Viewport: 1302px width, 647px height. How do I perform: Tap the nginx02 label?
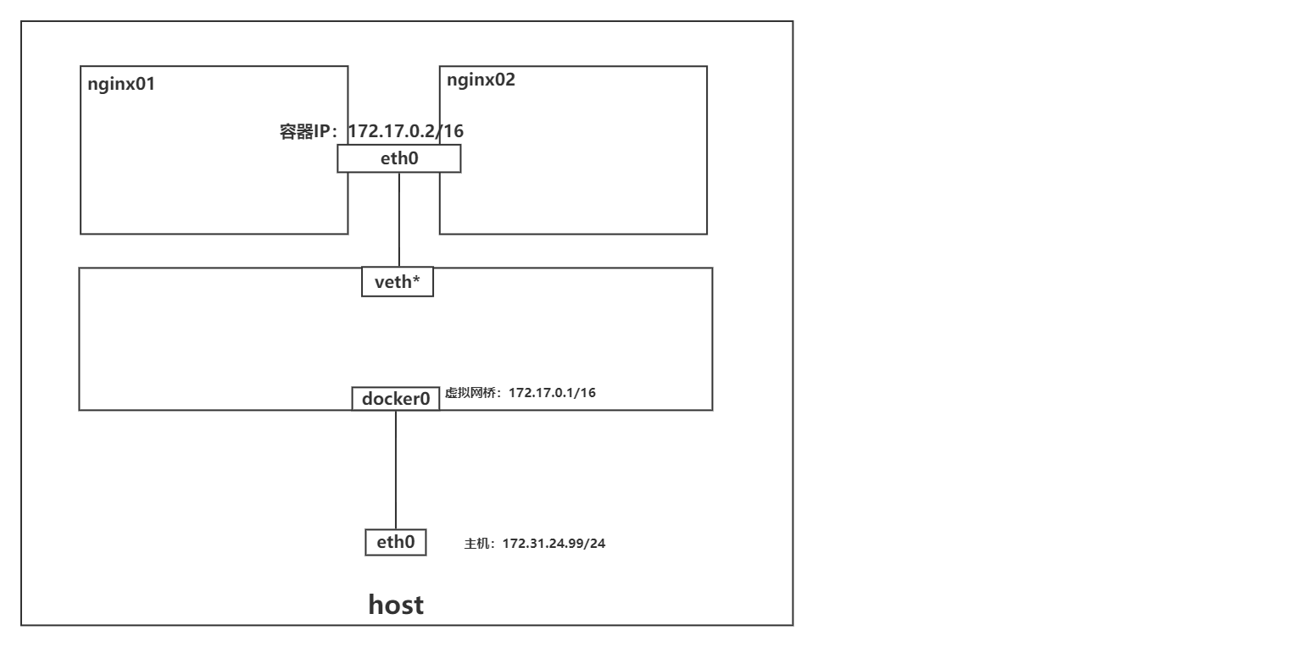(x=481, y=80)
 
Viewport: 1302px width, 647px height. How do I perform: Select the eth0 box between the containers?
(x=398, y=158)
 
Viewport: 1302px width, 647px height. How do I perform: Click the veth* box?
(x=398, y=282)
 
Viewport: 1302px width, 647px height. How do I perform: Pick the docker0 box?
(x=396, y=398)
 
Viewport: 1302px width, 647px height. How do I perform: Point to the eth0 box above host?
(x=395, y=542)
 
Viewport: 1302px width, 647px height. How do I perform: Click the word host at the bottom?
(x=396, y=606)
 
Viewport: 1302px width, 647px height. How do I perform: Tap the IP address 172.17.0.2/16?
(x=405, y=131)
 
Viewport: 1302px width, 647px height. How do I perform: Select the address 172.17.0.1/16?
(x=553, y=393)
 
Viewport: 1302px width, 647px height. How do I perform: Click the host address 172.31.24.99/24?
(x=554, y=543)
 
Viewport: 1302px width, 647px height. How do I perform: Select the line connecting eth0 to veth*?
(x=399, y=220)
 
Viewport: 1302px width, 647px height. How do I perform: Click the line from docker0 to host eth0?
(x=396, y=470)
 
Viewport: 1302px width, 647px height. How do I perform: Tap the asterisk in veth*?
(x=416, y=279)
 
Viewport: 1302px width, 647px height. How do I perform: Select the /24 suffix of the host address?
(x=596, y=543)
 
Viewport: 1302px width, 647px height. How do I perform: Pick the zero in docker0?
(x=426, y=398)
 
